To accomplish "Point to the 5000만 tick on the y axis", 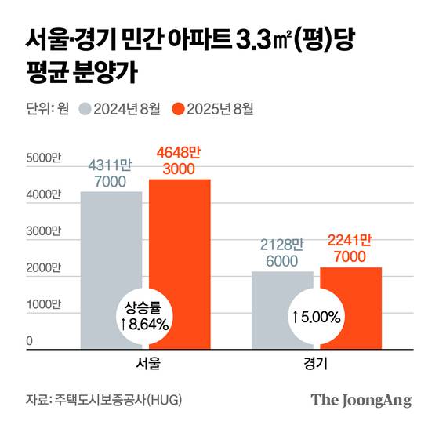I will [43, 158].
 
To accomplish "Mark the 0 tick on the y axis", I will [31, 342].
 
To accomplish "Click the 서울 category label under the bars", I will [146, 365].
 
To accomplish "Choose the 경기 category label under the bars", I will [317, 365].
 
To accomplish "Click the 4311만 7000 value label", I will [111, 174].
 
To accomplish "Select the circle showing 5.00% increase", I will [317, 317].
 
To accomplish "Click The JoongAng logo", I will [361, 400].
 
